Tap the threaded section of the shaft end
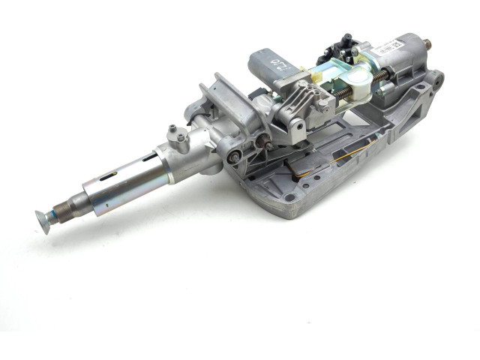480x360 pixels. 58,214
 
